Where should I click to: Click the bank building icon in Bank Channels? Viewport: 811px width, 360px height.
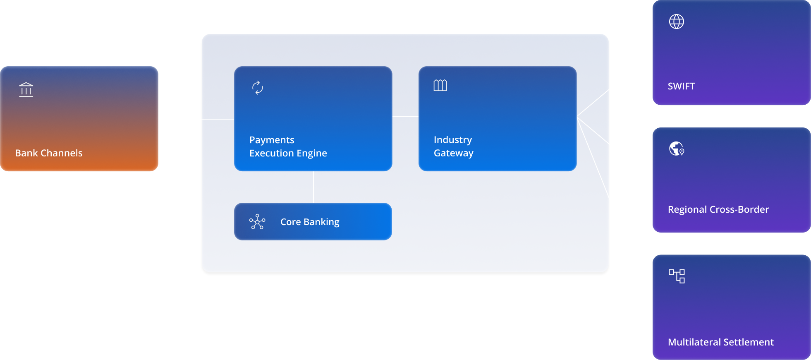pyautogui.click(x=26, y=89)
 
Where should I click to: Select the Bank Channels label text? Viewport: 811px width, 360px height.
pyautogui.click(x=49, y=153)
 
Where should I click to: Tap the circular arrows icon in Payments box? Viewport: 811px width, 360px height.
pyautogui.click(x=258, y=88)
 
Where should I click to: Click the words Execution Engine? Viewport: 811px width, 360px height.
pyautogui.click(x=288, y=154)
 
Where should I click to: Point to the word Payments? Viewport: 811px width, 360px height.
pyautogui.click(x=272, y=140)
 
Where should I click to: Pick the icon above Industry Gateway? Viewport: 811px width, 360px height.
pyautogui.click(x=440, y=86)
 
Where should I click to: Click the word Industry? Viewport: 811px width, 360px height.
pyautogui.click(x=452, y=140)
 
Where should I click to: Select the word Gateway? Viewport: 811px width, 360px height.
pyautogui.click(x=453, y=154)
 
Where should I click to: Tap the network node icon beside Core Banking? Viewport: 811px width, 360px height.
pyautogui.click(x=257, y=222)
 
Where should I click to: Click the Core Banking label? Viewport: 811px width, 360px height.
pyautogui.click(x=310, y=222)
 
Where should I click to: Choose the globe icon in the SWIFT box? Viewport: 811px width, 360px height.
pyautogui.click(x=677, y=22)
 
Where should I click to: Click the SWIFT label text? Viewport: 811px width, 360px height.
pyautogui.click(x=681, y=86)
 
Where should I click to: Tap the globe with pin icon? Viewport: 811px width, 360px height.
pyautogui.click(x=677, y=149)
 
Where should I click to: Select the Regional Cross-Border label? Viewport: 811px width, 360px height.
pyautogui.click(x=718, y=209)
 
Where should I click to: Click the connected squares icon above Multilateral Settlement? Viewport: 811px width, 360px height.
pyautogui.click(x=677, y=276)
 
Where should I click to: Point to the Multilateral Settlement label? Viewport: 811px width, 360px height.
pyautogui.click(x=720, y=342)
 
